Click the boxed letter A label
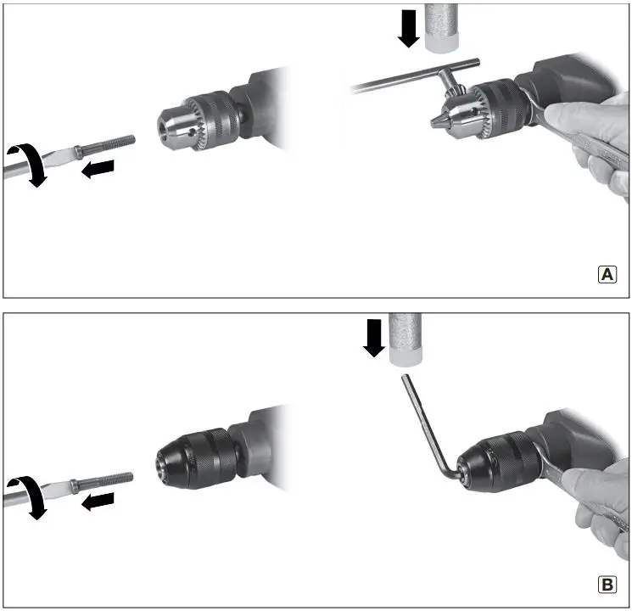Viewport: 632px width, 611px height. pos(608,275)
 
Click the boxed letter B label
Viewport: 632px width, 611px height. pos(608,585)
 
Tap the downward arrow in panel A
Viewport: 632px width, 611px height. pos(407,28)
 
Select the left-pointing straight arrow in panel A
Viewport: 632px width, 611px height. pos(97,171)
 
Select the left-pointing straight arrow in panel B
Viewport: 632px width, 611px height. pos(97,502)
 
